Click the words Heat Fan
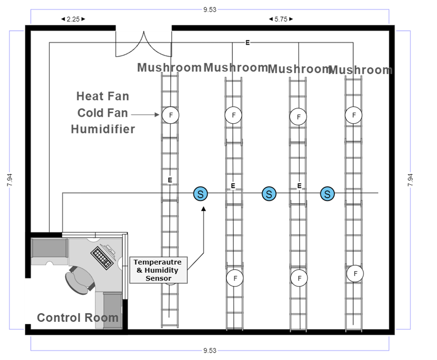pyautogui.click(x=103, y=96)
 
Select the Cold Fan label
pyautogui.click(x=103, y=113)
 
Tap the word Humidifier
pyautogui.click(x=103, y=130)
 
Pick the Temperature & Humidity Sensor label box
pyautogui.click(x=158, y=270)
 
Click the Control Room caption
pyautogui.click(x=77, y=318)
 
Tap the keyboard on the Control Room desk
pyautogui.click(x=102, y=258)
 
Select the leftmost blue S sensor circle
pyautogui.click(x=200, y=194)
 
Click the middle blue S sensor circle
pyautogui.click(x=269, y=194)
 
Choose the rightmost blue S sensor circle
pyautogui.click(x=327, y=194)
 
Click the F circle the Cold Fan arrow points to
pyautogui.click(x=170, y=115)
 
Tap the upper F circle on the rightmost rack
pyautogui.click(x=354, y=115)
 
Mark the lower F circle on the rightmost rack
pyautogui.click(x=355, y=274)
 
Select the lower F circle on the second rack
pyautogui.click(x=235, y=278)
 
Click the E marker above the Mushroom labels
pyautogui.click(x=247, y=43)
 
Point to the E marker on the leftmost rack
pyautogui.click(x=170, y=180)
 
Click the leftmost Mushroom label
pyautogui.click(x=169, y=68)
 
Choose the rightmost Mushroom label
pyautogui.click(x=360, y=71)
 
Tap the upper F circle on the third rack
pyautogui.click(x=298, y=117)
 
